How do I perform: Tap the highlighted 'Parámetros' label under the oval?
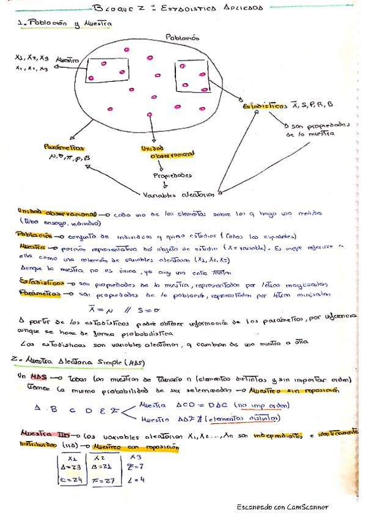[x=64, y=148]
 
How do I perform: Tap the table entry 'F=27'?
[x=106, y=480]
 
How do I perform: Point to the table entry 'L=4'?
[x=137, y=480]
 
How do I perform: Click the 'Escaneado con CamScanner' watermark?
[x=282, y=507]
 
